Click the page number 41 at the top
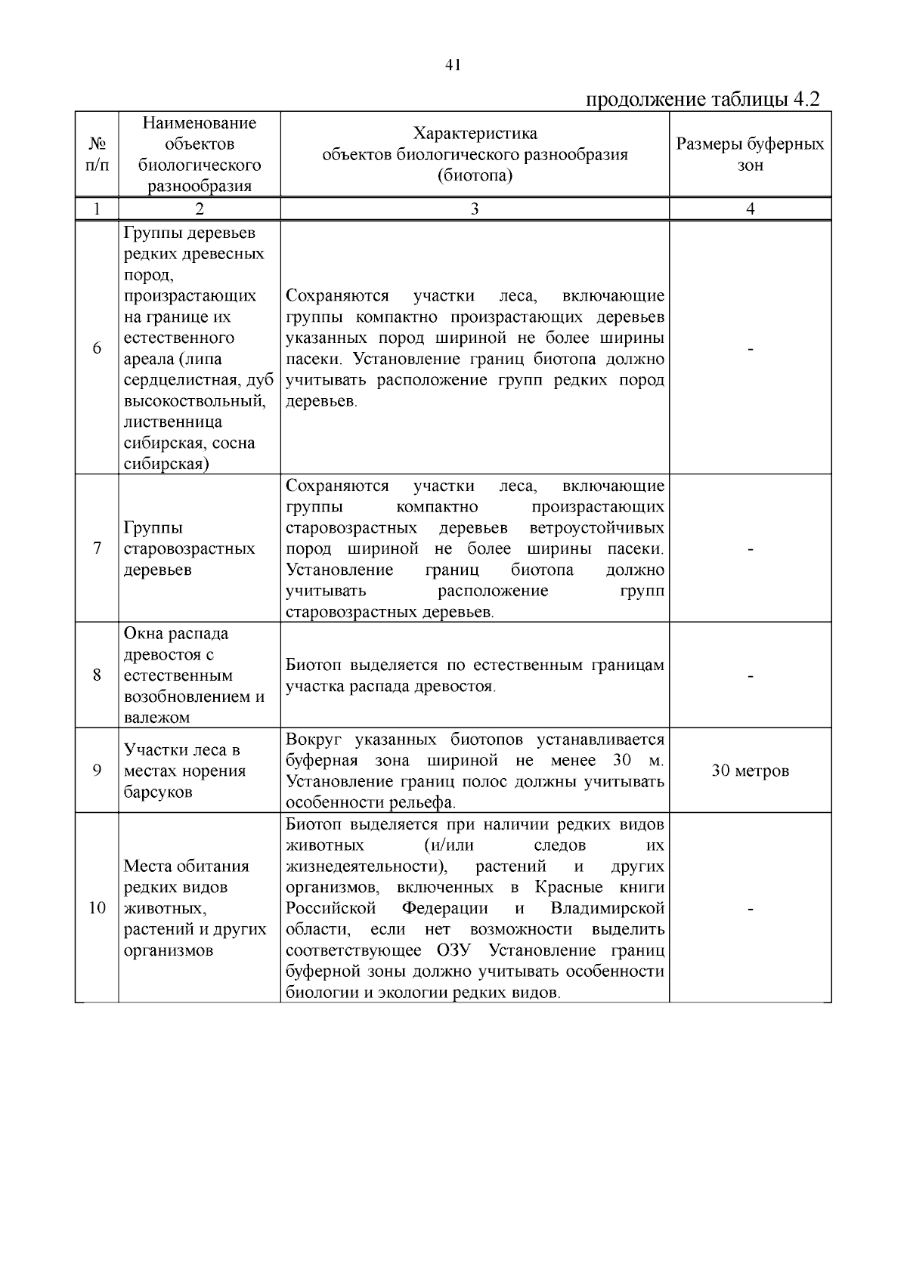click(x=453, y=65)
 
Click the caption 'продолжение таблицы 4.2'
click(x=703, y=100)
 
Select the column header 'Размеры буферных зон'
click(x=750, y=154)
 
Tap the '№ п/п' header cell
click(x=97, y=154)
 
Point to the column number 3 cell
click(x=474, y=209)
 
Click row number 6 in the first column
click(x=97, y=348)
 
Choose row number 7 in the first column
click(x=97, y=548)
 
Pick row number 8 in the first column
click(x=97, y=675)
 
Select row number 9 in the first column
click(x=97, y=771)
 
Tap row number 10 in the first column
click(x=97, y=908)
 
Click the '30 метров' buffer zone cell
click(x=750, y=771)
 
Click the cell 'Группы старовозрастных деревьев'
click(x=189, y=548)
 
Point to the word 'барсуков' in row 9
click(x=159, y=792)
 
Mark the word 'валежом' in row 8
click(x=156, y=718)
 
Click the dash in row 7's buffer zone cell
click(x=750, y=550)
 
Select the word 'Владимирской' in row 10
click(x=608, y=908)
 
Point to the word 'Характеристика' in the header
click(x=475, y=134)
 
